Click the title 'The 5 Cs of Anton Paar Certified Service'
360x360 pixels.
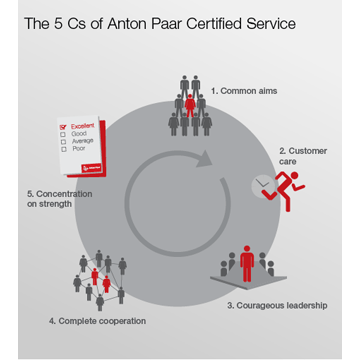click(x=159, y=23)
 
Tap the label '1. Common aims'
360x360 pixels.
click(x=244, y=90)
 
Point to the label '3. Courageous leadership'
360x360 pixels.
click(x=277, y=304)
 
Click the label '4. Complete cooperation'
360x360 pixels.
click(x=97, y=321)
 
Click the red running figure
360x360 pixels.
click(x=289, y=183)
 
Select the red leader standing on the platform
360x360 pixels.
click(x=246, y=263)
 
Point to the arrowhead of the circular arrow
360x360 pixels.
click(x=206, y=157)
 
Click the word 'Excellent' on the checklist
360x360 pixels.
click(x=84, y=126)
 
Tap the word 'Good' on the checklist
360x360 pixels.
click(x=80, y=133)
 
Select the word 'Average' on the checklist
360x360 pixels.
click(x=83, y=141)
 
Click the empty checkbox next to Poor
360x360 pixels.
click(x=65, y=149)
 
